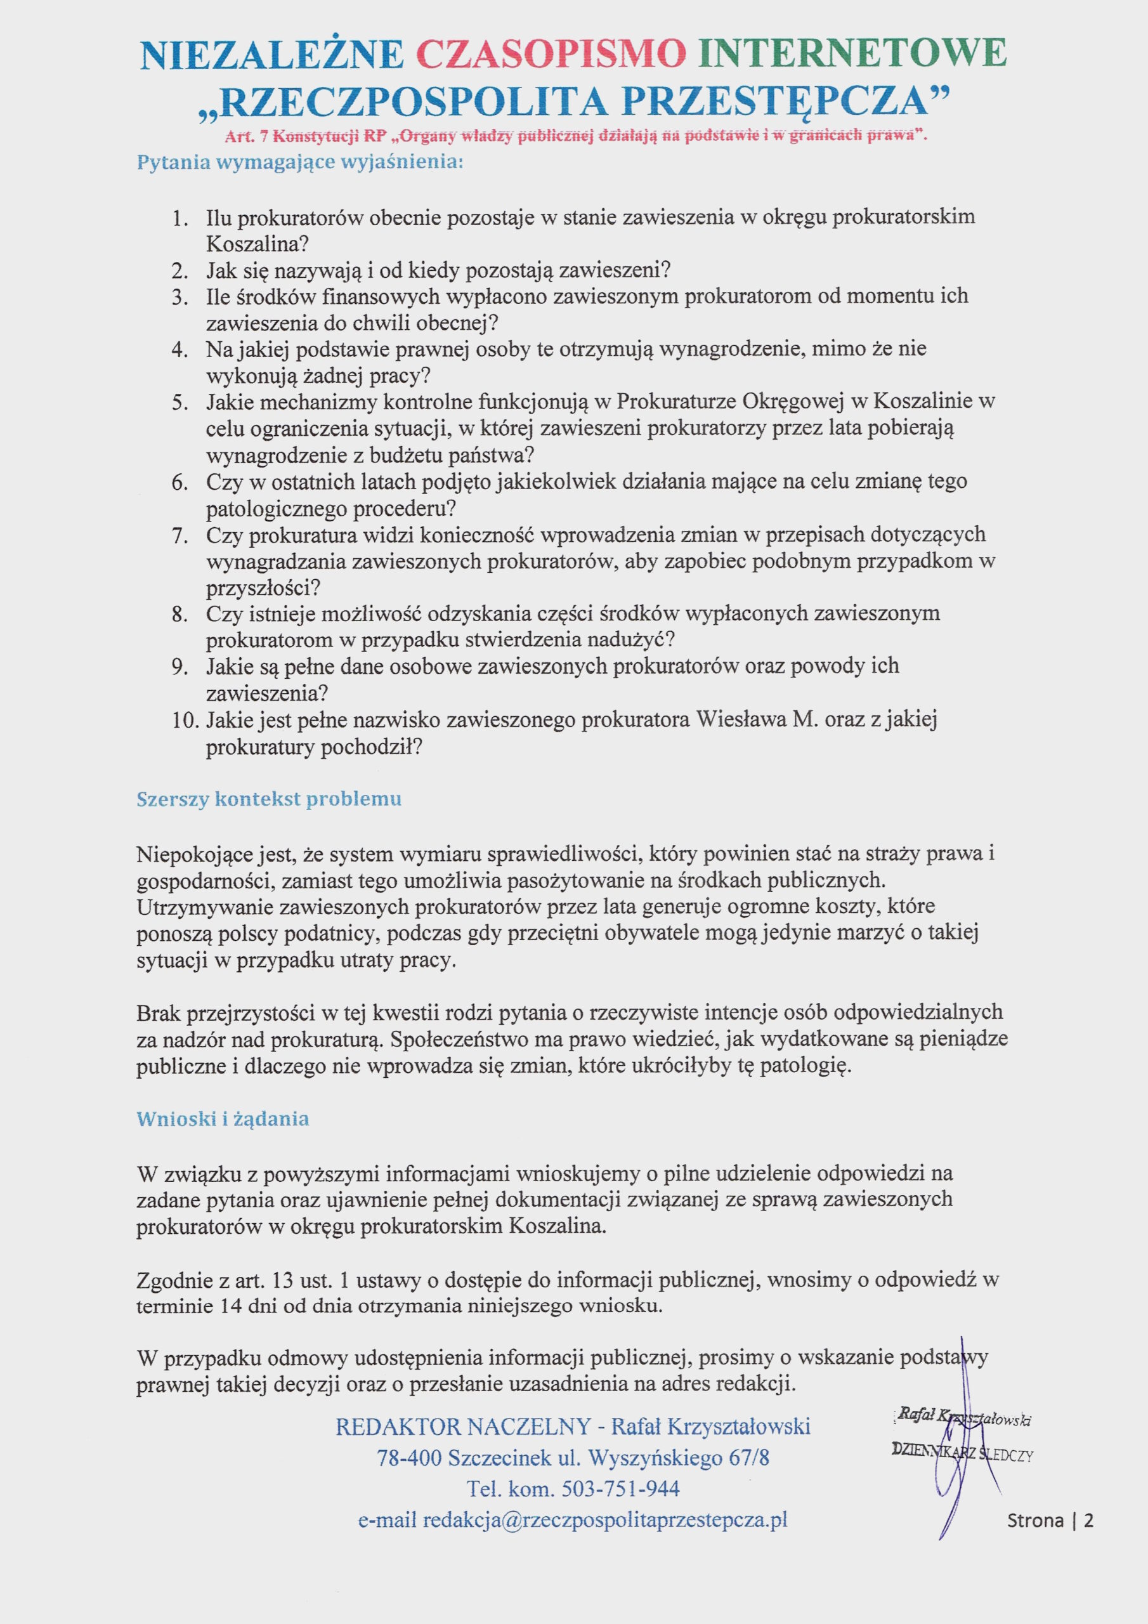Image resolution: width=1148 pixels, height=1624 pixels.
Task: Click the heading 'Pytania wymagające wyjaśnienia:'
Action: (x=300, y=162)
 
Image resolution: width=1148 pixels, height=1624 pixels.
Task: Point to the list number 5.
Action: (x=179, y=402)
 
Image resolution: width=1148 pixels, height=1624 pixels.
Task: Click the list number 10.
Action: (x=185, y=720)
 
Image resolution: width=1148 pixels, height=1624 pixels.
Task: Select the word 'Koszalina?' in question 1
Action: (x=258, y=244)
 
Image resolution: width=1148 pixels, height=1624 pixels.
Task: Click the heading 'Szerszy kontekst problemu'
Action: (x=269, y=799)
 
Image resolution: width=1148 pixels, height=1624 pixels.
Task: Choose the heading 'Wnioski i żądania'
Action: (x=223, y=1119)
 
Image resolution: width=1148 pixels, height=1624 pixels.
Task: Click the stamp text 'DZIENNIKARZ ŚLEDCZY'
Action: (x=962, y=1454)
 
